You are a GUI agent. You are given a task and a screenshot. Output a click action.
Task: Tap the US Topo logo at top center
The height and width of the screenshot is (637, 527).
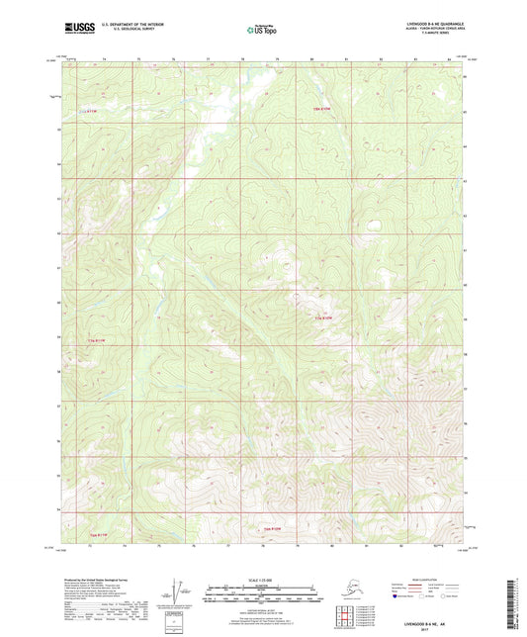(259, 30)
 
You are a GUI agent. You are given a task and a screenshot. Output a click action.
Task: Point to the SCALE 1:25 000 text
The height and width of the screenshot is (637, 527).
(261, 582)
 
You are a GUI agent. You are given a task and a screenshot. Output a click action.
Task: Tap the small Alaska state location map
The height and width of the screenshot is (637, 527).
(355, 590)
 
